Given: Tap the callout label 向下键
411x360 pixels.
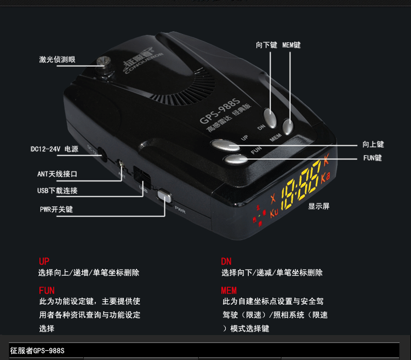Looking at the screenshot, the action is click(x=266, y=44).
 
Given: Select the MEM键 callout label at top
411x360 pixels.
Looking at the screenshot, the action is click(x=291, y=44).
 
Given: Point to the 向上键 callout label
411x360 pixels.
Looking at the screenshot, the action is click(x=373, y=145).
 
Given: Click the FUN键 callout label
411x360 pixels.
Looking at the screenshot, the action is click(x=372, y=158).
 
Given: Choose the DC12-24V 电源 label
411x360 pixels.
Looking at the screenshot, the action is click(x=54, y=148).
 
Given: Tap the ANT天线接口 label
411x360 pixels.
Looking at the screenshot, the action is click(x=57, y=174).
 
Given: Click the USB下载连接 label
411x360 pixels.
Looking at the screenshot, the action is click(x=57, y=191).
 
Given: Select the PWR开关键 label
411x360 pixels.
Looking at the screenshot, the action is click(x=56, y=209).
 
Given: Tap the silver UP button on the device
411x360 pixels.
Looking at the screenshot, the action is click(x=225, y=145).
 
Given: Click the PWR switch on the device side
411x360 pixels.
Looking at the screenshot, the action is click(x=164, y=195).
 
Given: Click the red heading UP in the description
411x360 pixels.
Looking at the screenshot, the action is click(x=44, y=261).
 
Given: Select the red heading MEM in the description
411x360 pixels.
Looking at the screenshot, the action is click(x=229, y=290).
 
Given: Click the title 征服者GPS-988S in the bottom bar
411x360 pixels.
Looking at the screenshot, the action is click(x=37, y=351).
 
